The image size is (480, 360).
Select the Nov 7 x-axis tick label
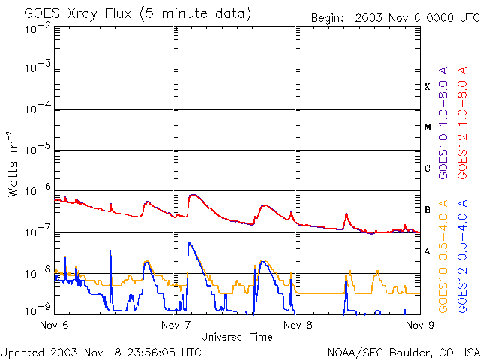pyautogui.click(x=175, y=325)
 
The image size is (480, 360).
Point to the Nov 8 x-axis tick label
pyautogui.click(x=298, y=325)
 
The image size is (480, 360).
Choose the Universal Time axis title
pyautogui.click(x=236, y=337)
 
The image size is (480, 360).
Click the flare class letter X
pyautogui.click(x=427, y=87)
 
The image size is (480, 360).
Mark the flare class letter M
pyautogui.click(x=427, y=127)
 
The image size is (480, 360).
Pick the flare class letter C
pyautogui.click(x=427, y=169)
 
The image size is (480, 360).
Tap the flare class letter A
pyautogui.click(x=427, y=251)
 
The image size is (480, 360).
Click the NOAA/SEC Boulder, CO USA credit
pyautogui.click(x=403, y=351)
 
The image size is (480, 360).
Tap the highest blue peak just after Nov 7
pyautogui.click(x=189, y=243)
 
